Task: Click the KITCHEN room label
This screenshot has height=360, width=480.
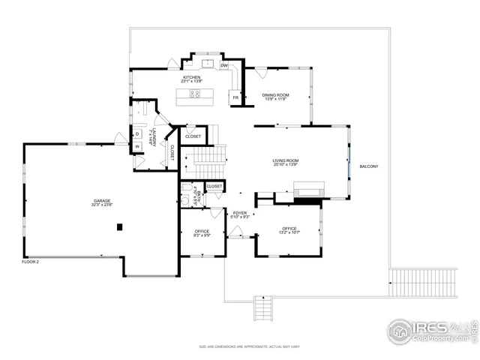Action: tap(191, 77)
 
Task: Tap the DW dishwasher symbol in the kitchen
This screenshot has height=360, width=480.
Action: tap(224, 66)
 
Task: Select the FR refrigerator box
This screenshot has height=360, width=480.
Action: tap(235, 97)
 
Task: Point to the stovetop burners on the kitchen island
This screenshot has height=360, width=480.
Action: tap(195, 94)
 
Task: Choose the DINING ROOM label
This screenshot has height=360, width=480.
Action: tap(275, 95)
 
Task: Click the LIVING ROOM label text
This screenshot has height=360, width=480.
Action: tap(286, 160)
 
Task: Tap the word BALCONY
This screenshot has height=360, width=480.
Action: tap(369, 166)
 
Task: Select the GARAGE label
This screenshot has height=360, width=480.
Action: tap(103, 201)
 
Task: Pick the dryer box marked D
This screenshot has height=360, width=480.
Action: tap(137, 135)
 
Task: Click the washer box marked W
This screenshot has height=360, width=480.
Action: tap(137, 146)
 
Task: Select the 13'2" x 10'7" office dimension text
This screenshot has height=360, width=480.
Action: tap(289, 232)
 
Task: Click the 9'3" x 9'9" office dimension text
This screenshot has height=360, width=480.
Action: tap(202, 235)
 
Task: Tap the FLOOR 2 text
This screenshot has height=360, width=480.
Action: tap(30, 261)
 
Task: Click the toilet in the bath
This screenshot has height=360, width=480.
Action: tap(184, 201)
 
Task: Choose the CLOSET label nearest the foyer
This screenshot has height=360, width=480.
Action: tap(214, 186)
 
